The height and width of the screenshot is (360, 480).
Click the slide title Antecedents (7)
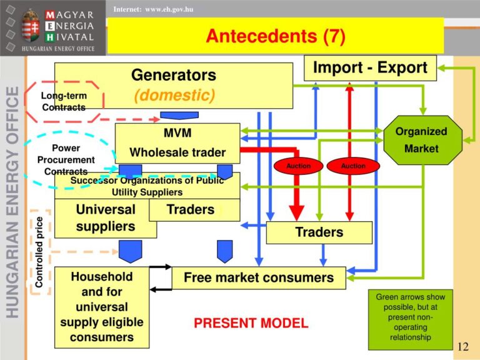tap(276, 36)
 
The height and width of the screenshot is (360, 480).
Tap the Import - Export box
tap(370, 68)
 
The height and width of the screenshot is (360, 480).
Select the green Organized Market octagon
tap(422, 140)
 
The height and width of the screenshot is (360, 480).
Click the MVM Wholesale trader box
tap(177, 143)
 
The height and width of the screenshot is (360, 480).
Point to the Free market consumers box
tap(259, 277)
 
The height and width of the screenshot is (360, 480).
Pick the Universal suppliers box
tap(106, 218)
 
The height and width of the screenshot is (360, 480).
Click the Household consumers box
tap(102, 307)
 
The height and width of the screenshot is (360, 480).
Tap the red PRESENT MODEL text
tap(251, 323)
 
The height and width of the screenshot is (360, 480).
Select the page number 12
tap(463, 346)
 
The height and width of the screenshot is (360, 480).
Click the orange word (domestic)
tap(174, 95)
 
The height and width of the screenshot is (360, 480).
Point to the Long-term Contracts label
tap(64, 101)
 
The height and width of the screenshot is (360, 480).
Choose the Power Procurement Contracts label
tap(66, 159)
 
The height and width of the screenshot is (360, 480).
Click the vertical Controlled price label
tap(39, 252)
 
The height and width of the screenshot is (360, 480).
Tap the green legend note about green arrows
tap(411, 319)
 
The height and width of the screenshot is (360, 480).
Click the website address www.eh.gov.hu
tap(169, 9)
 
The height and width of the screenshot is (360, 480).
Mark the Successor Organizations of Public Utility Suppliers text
tap(147, 186)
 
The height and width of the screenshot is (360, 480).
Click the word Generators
tap(174, 75)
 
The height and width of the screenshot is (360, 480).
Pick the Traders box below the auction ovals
tap(319, 232)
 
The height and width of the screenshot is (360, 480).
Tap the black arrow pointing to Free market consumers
tap(161, 267)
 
